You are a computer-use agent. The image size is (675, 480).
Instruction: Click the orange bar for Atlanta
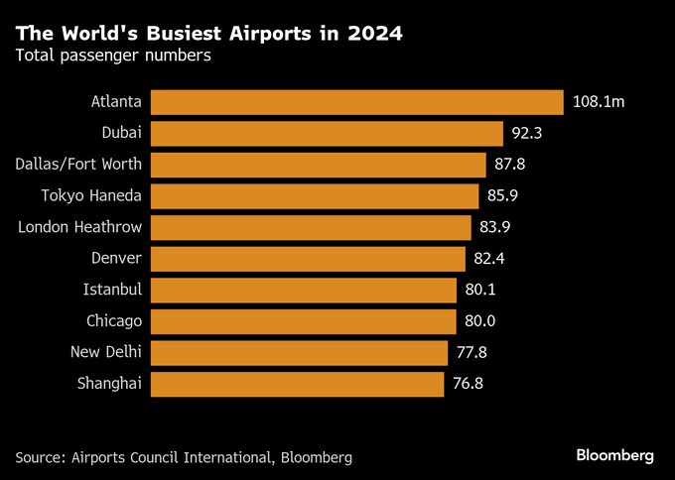(357, 102)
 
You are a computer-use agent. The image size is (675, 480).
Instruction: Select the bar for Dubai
(327, 134)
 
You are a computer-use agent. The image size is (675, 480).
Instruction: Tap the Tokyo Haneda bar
(315, 196)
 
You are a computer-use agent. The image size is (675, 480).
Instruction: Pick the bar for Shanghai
(297, 384)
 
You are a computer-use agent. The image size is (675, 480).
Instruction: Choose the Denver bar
(308, 259)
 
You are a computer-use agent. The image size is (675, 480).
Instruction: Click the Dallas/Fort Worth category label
(79, 165)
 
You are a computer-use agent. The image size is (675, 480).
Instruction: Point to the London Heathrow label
(80, 227)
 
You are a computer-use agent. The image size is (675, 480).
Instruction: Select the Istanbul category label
(113, 290)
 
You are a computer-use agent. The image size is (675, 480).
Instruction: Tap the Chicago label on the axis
(114, 321)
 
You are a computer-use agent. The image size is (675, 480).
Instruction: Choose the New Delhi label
(106, 352)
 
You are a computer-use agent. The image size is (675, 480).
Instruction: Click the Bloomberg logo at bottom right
(615, 455)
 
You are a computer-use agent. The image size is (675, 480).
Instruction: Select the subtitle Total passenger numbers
(112, 57)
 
